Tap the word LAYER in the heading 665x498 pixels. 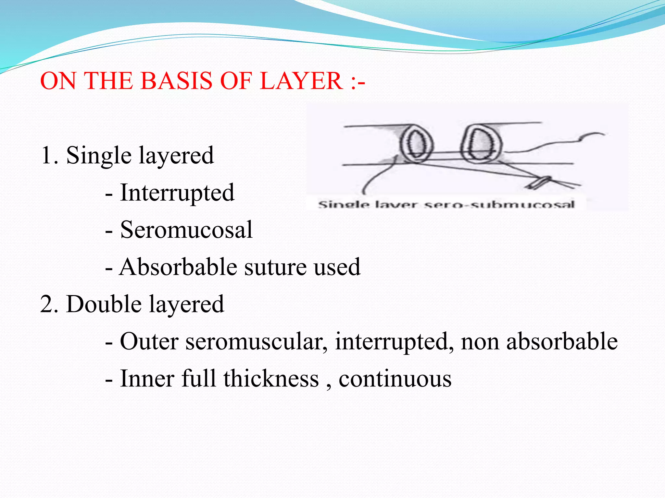click(301, 81)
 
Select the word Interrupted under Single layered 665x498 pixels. click(177, 193)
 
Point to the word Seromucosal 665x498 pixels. click(186, 230)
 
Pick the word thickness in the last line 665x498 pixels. click(271, 379)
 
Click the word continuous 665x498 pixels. click(395, 379)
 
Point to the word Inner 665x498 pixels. click(147, 379)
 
